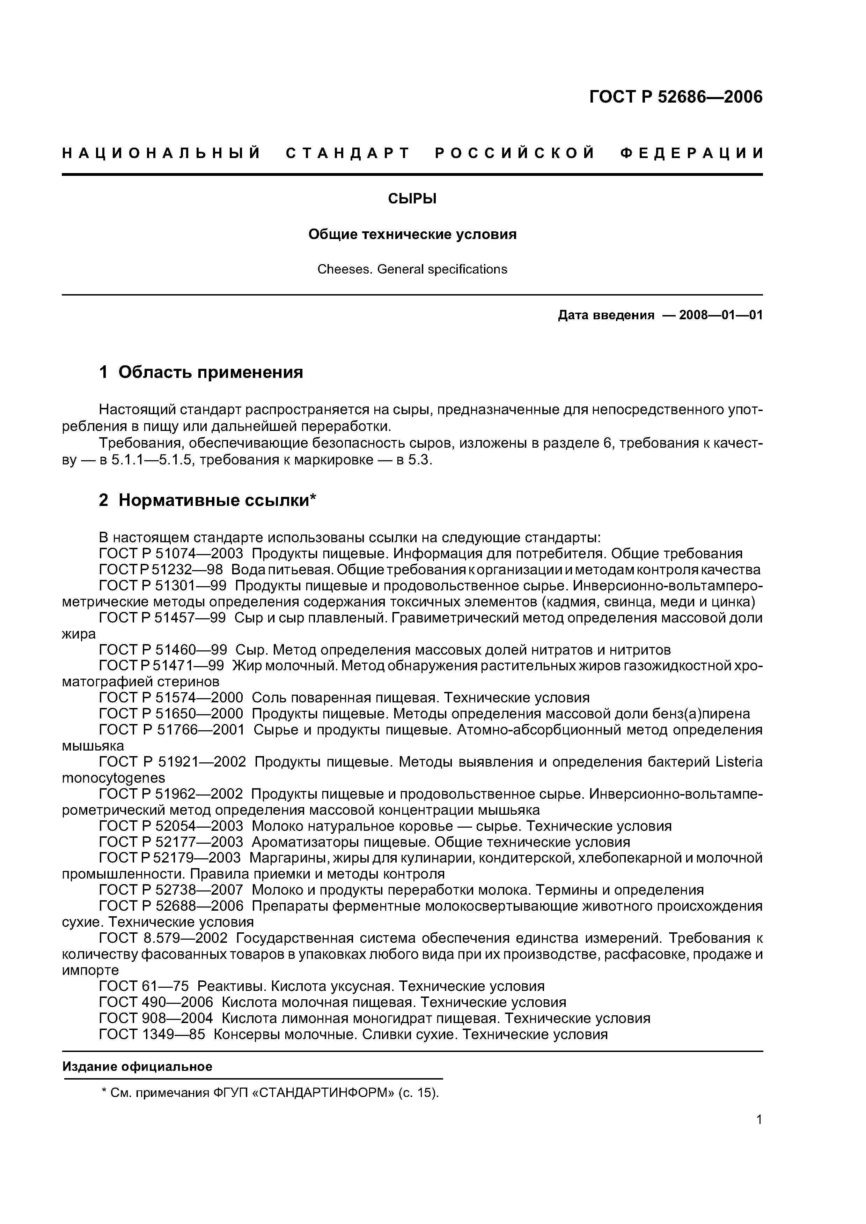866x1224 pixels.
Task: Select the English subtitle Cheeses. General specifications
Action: pos(412,269)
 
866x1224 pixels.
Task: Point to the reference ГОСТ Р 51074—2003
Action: pos(171,553)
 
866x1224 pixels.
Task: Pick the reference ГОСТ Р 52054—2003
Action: pos(171,826)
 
